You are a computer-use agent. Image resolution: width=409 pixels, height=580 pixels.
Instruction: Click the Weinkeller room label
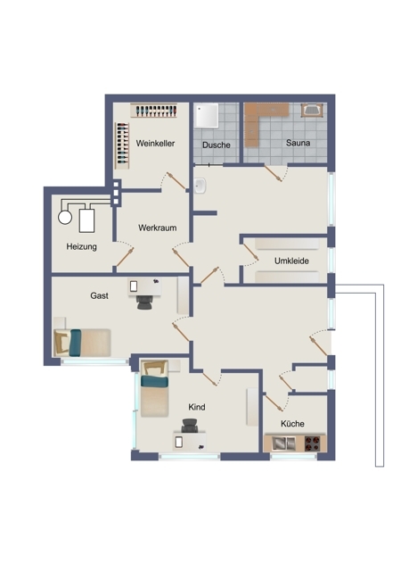pos(155,144)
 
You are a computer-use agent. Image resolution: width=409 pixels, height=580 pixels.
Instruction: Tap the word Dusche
pos(217,145)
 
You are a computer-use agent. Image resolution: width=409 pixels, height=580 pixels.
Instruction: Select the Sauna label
pos(298,143)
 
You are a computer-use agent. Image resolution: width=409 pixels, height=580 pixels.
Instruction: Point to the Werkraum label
pos(158,228)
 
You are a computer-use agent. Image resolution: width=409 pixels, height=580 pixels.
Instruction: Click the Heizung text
pos(82,246)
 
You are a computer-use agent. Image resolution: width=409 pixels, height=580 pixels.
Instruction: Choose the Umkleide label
pos(291,261)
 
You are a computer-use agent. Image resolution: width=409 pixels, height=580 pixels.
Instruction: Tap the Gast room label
pos(100,295)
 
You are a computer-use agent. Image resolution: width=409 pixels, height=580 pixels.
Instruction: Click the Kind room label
pos(197,407)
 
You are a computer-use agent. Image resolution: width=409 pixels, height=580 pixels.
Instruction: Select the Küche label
pos(292,424)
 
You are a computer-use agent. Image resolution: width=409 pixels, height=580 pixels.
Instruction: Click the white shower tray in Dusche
pos(207,115)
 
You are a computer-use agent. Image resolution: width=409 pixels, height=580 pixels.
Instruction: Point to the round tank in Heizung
pos(65,217)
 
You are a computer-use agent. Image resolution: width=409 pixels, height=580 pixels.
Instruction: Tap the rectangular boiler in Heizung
pos(86,220)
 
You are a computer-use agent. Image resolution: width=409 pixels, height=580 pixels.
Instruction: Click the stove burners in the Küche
pos(312,443)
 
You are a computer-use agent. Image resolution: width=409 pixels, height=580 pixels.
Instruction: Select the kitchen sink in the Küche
pos(283,443)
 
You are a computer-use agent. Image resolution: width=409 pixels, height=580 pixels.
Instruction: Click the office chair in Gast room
pos(144,302)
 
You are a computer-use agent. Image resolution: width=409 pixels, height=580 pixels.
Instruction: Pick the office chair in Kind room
pos(190,426)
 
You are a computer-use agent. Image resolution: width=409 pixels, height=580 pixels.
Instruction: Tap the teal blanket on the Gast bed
pos(76,343)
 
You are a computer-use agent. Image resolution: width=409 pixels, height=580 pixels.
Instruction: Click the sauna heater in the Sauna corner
pos(312,110)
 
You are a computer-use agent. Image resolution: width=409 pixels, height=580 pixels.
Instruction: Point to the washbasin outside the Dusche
pos(200,186)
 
